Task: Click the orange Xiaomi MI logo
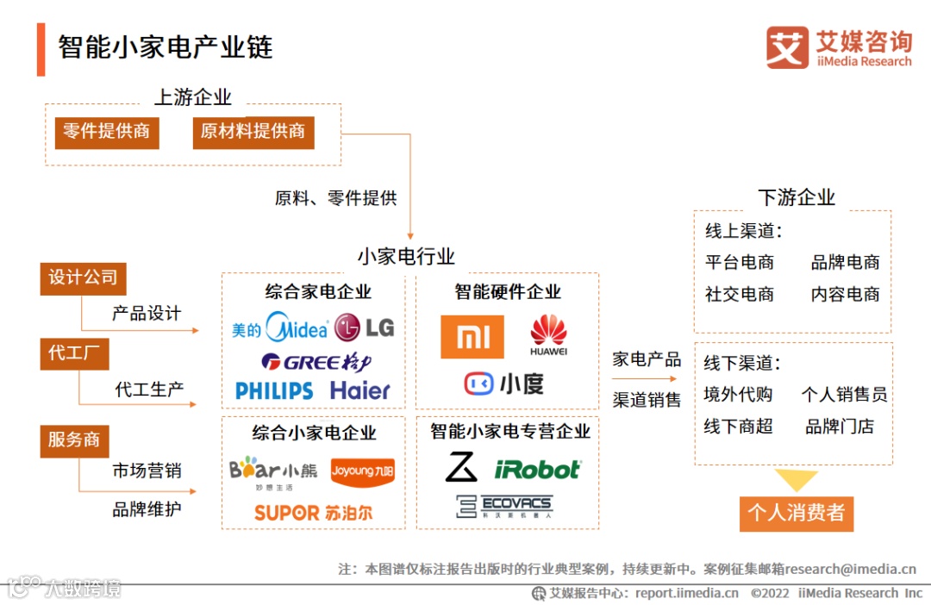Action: [x=472, y=337]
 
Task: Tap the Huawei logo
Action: [x=549, y=335]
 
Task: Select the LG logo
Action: [x=364, y=327]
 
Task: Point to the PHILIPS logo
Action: [x=274, y=390]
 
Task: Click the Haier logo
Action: [x=360, y=390]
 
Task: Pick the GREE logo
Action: [x=316, y=362]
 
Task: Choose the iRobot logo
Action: [x=537, y=470]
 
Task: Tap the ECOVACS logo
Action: [x=504, y=506]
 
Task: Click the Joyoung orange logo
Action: [x=362, y=471]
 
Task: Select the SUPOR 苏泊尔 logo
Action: [x=314, y=513]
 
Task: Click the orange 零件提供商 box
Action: [x=107, y=132]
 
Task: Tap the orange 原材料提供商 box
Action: [x=253, y=132]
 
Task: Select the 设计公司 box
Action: [x=83, y=278]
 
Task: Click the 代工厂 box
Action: [x=74, y=354]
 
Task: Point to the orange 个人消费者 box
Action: [x=796, y=513]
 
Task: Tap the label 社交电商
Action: [x=739, y=294]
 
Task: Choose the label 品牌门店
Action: [x=839, y=426]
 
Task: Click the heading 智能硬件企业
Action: [x=508, y=291]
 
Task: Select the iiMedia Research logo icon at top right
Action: [x=787, y=47]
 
